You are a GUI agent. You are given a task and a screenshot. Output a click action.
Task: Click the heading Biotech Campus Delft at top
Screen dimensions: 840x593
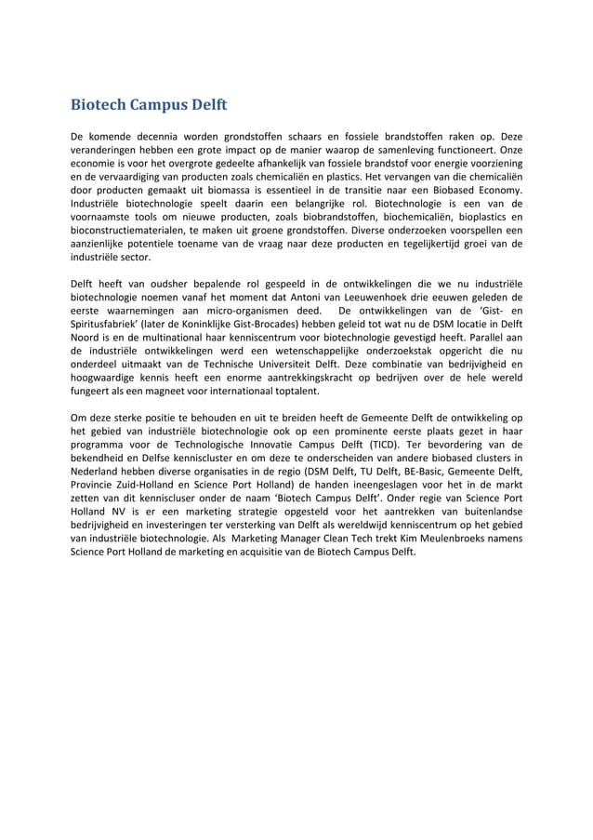150,102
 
